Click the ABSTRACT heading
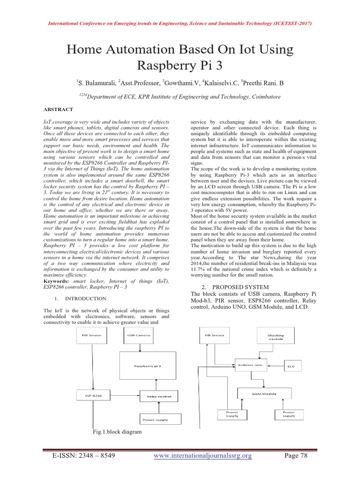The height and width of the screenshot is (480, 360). (59, 109)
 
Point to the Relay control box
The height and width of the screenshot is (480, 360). (159, 397)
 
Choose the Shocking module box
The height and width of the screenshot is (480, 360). (275, 338)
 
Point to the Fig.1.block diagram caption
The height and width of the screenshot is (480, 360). (117, 432)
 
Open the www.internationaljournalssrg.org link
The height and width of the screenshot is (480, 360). (203, 456)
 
